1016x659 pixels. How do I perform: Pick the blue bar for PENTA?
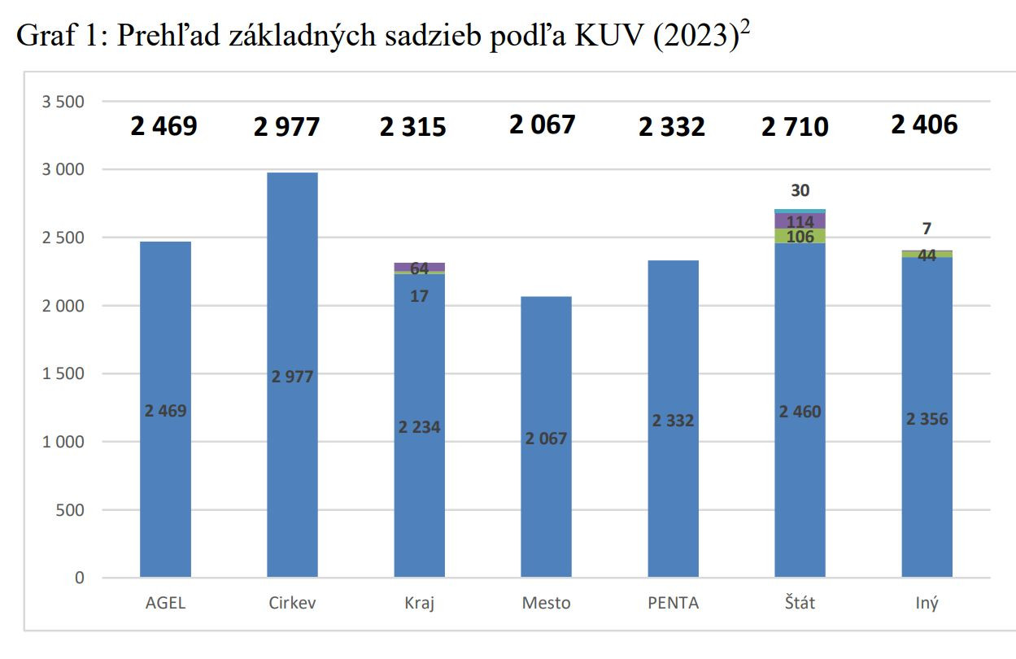click(673, 488)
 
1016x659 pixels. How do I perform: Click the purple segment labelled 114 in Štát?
click(800, 220)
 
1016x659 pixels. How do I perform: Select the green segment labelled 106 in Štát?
click(800, 236)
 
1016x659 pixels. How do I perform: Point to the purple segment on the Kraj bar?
click(419, 267)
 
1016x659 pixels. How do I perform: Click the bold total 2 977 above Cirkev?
click(286, 127)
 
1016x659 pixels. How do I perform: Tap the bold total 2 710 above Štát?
click(795, 127)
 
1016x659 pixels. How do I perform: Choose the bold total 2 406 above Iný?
click(924, 124)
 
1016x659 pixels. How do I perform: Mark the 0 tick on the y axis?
click(79, 578)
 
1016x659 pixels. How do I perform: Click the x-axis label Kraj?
click(419, 604)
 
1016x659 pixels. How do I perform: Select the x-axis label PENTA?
click(673, 604)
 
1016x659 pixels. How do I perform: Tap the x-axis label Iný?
click(927, 604)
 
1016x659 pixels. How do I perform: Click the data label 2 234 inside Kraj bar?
click(419, 427)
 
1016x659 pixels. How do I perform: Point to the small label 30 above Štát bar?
click(800, 190)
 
